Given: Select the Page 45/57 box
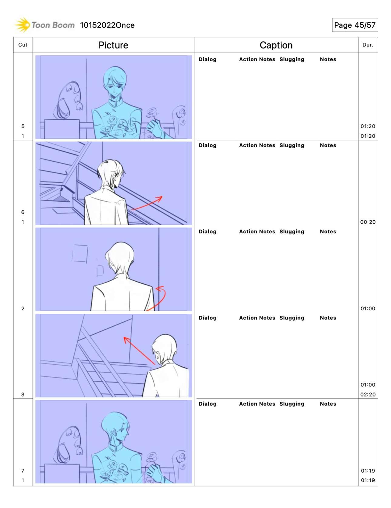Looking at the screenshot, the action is (355, 25).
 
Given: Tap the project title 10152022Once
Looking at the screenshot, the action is (107, 25).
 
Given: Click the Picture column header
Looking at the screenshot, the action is (113, 45).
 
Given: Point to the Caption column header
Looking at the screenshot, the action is (276, 45).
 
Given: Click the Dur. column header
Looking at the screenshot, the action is (368, 45).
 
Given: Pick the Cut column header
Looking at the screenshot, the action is (23, 45).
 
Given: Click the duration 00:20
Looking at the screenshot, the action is (368, 222).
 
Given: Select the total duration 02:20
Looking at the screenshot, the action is (368, 394).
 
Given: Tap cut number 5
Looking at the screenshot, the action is (23, 126).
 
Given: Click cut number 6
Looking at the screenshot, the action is (23, 212).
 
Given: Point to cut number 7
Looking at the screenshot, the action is (23, 471).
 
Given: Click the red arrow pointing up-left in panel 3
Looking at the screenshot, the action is (139, 351).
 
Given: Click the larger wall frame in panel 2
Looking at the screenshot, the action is (80, 253).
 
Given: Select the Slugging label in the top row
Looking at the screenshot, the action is (292, 59).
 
